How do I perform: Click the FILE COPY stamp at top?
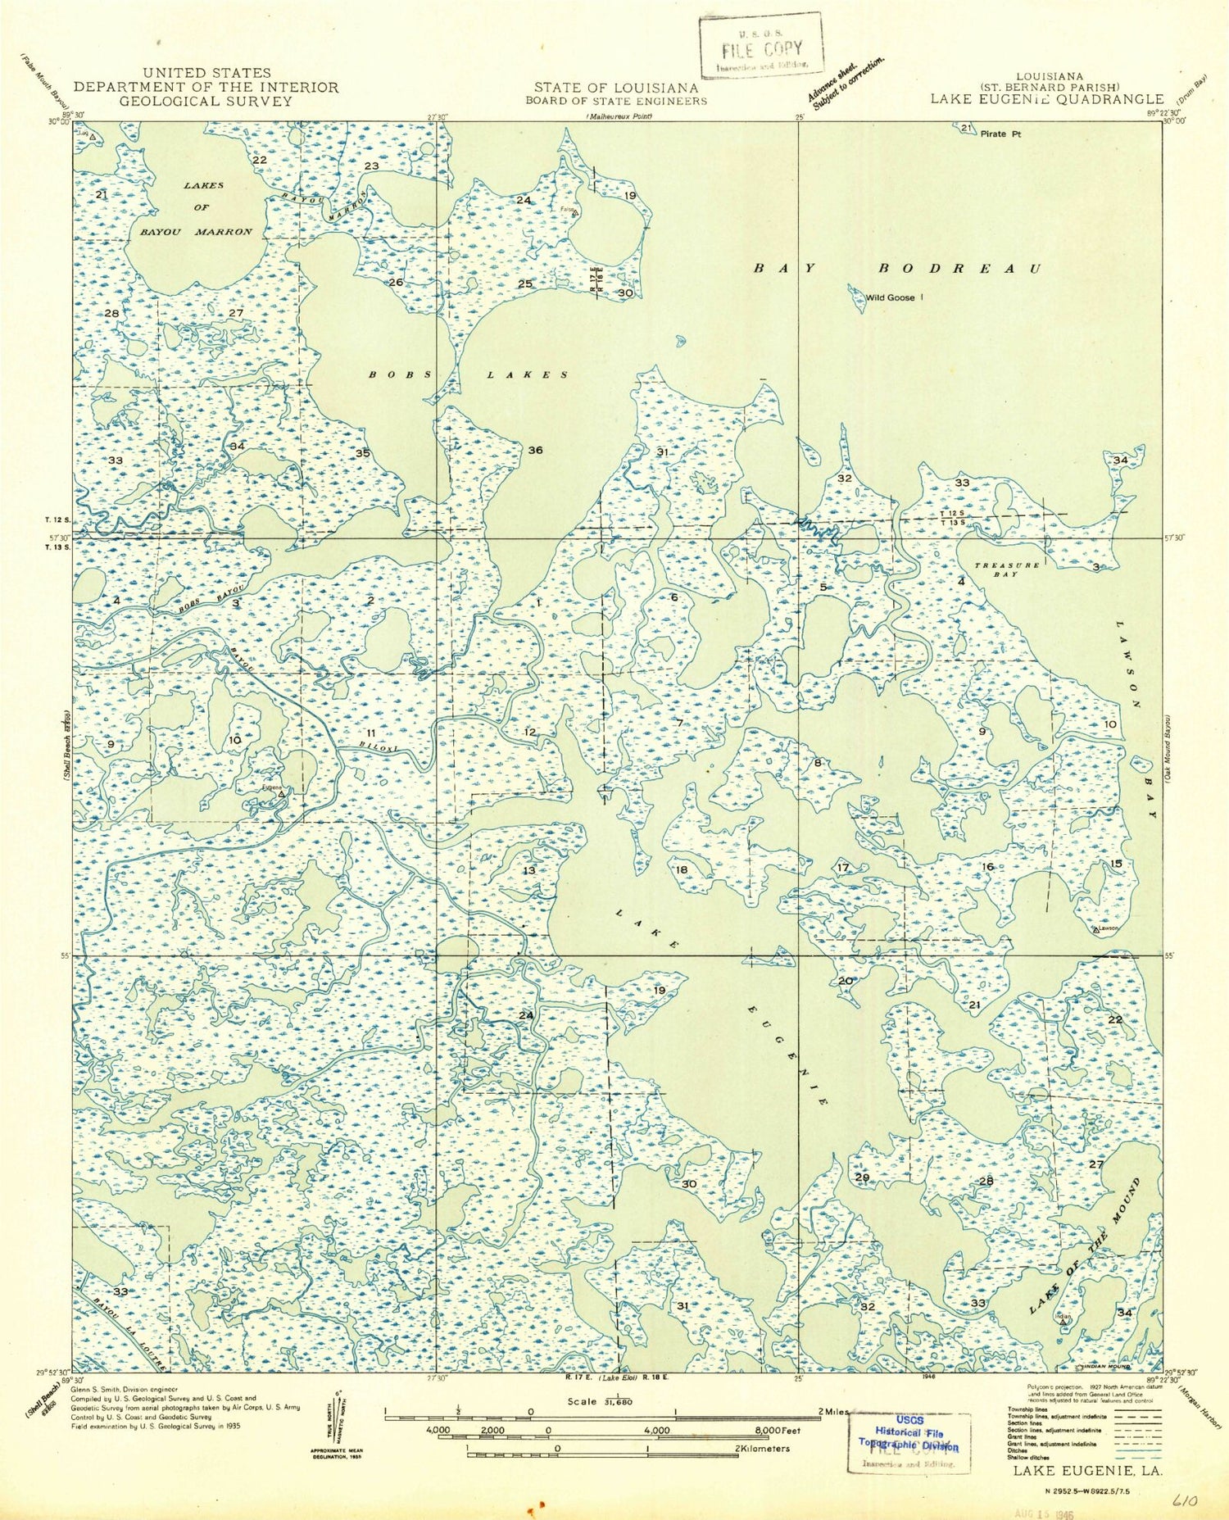[x=760, y=47]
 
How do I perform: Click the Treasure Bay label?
[x=1006, y=569]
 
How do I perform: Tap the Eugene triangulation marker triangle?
[x=282, y=794]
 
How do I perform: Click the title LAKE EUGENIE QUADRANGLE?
[x=1046, y=99]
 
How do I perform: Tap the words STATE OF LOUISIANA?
[x=616, y=88]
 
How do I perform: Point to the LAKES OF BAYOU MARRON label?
[x=197, y=208]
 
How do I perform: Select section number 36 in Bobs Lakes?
[x=535, y=450]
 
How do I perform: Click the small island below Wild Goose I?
[x=680, y=340]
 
